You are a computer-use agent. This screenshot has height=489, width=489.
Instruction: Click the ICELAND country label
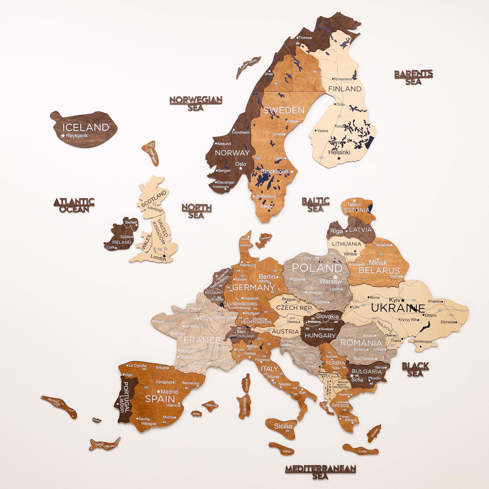pyautogui.click(x=86, y=127)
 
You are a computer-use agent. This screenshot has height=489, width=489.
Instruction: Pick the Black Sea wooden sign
pyautogui.click(x=415, y=370)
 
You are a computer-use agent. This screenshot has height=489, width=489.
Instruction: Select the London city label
pyautogui.click(x=158, y=257)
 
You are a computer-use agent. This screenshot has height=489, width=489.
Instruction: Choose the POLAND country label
pyautogui.click(x=317, y=268)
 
